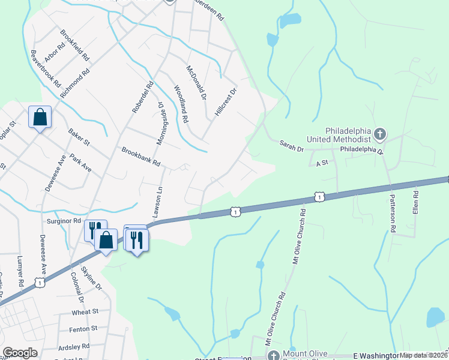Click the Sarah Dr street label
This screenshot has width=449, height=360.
point(292,143)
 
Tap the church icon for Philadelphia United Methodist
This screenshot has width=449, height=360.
point(379,133)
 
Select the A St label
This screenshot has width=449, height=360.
point(322,162)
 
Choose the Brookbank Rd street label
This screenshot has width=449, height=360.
point(142,156)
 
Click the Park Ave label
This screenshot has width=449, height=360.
point(80,163)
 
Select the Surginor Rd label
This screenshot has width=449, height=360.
point(64,221)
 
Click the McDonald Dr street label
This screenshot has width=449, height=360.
point(196,82)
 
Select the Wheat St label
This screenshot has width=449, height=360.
point(85,312)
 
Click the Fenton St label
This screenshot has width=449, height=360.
point(83,329)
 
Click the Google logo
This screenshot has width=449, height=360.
point(20,353)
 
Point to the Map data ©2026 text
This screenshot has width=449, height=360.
point(424,355)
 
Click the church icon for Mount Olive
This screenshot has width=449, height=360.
point(274,355)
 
